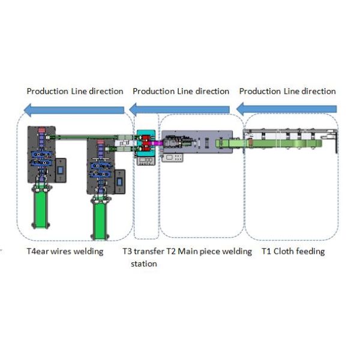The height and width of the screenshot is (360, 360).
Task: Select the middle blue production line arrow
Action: pos(180,109)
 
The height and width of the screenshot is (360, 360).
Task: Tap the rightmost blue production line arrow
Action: pos(286,109)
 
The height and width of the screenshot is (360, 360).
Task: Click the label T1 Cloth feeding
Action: pos(293,251)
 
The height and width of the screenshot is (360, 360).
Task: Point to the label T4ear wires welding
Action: pos(65,251)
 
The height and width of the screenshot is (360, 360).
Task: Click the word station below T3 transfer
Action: pos(144,263)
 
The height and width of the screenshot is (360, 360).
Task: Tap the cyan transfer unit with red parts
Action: pos(146,145)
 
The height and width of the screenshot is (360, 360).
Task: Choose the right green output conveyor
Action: pos(101,220)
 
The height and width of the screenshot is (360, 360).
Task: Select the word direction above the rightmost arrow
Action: pos(318,91)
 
